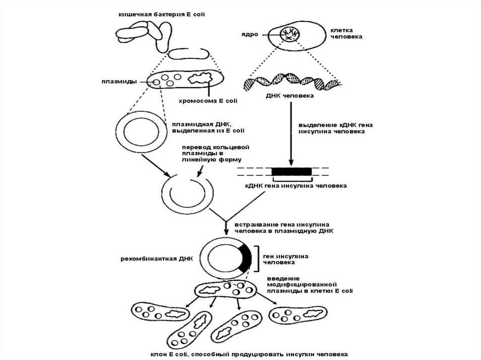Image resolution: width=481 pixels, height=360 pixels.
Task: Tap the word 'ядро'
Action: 254,35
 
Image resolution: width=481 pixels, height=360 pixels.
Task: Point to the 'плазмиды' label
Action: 119,81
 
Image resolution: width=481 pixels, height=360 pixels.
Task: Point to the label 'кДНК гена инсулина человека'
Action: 296,186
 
